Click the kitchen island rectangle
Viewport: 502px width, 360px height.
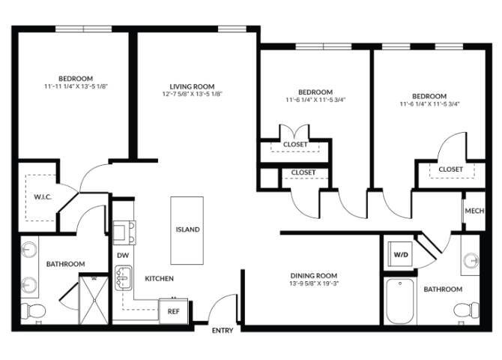pyautogui.click(x=187, y=229)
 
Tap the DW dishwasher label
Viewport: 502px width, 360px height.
pyautogui.click(x=122, y=255)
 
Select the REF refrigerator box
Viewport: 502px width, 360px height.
pyautogui.click(x=173, y=310)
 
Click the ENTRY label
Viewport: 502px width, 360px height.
pyautogui.click(x=223, y=331)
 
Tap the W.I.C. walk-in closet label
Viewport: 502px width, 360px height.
pyautogui.click(x=41, y=198)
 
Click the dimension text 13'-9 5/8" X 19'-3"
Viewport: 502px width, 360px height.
pyautogui.click(x=314, y=284)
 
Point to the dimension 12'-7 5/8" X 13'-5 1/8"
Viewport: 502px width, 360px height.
pyautogui.click(x=193, y=94)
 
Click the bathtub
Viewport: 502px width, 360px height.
pyautogui.click(x=400, y=301)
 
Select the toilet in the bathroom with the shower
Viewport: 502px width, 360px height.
pyautogui.click(x=31, y=310)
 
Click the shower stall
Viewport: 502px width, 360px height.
pyautogui.click(x=94, y=298)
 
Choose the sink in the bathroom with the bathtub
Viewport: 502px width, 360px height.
pyautogui.click(x=471, y=260)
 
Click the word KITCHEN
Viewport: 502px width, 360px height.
pyautogui.click(x=159, y=279)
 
